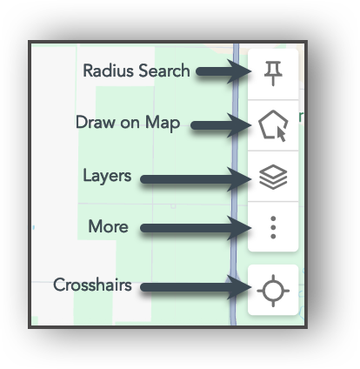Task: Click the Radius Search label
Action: (x=136, y=70)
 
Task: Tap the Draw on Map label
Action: (x=128, y=124)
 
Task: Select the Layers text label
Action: (x=107, y=176)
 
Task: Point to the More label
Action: (x=108, y=227)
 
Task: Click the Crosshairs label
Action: (x=92, y=285)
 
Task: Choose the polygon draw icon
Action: (x=273, y=127)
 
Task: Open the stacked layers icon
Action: (x=273, y=178)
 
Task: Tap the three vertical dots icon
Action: (x=273, y=228)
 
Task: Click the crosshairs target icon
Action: (x=273, y=290)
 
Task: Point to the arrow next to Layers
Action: (x=197, y=179)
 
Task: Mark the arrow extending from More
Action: (x=197, y=229)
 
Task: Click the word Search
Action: (x=163, y=70)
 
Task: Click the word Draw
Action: (x=94, y=124)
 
